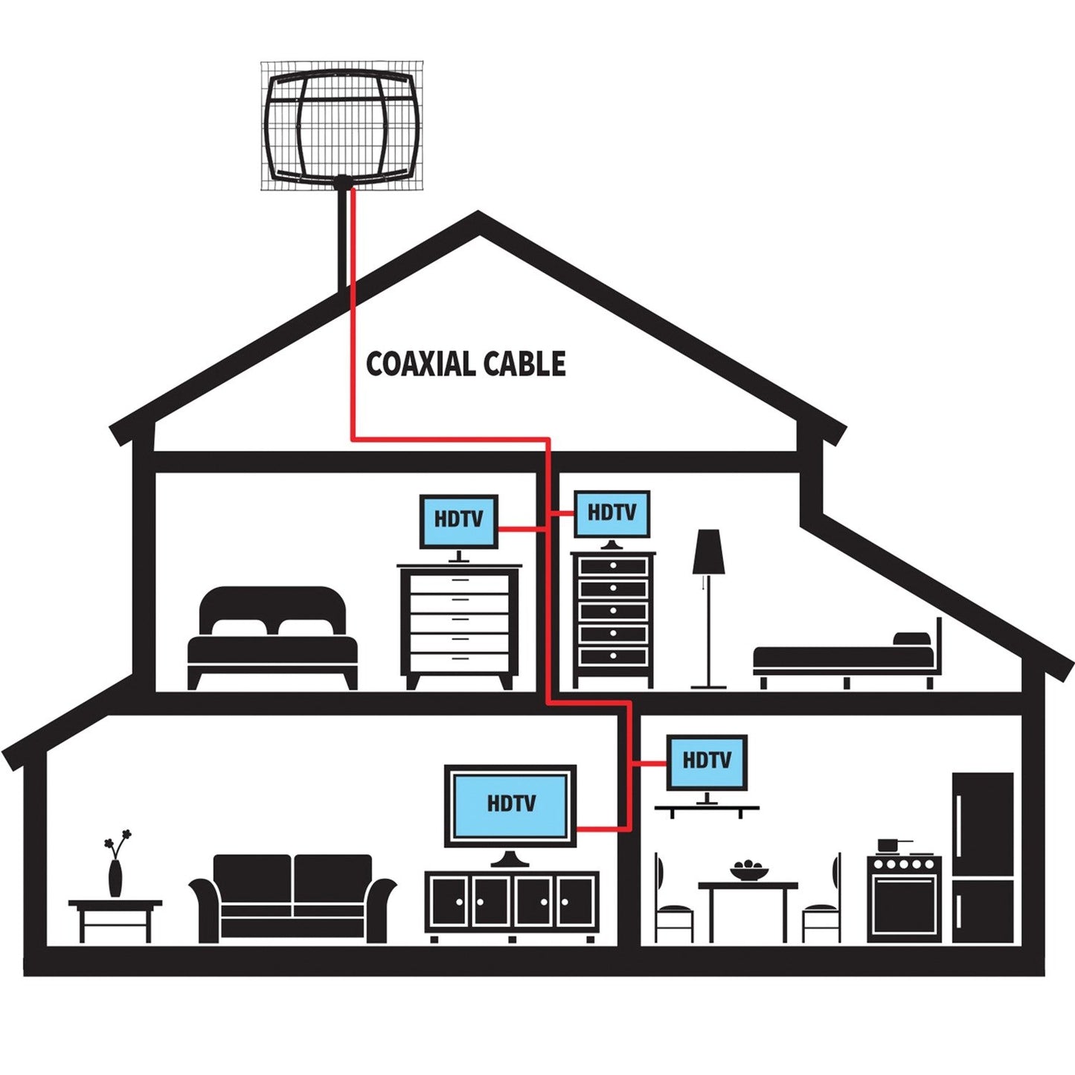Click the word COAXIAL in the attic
click(420, 364)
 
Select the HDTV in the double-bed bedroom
click(458, 521)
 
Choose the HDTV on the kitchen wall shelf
click(706, 762)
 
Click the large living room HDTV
click(511, 805)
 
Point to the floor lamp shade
click(708, 552)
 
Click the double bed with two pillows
click(272, 636)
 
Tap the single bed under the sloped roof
click(844, 658)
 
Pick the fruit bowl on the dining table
click(750, 870)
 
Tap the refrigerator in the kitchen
click(983, 857)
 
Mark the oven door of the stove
click(904, 904)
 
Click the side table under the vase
click(115, 919)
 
